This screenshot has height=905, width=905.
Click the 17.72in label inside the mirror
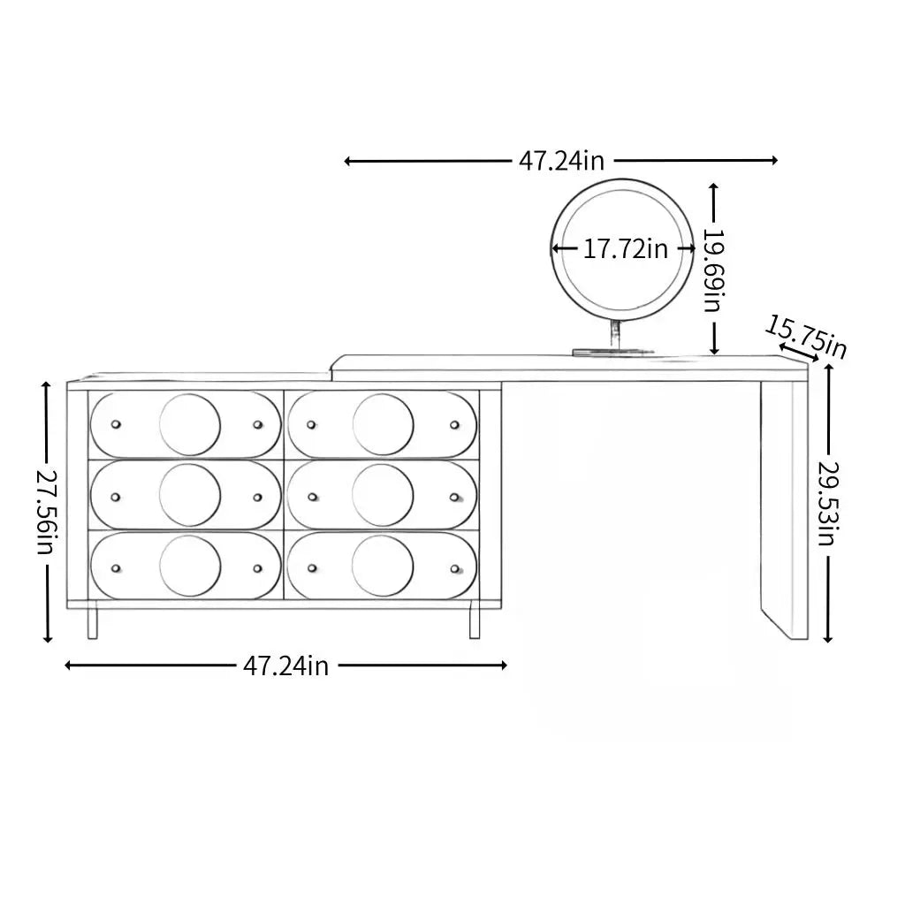[x=625, y=249]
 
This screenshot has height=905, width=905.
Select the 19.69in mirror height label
[x=714, y=270]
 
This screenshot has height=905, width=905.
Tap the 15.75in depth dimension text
[x=806, y=338]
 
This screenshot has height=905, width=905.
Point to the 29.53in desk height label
[x=827, y=503]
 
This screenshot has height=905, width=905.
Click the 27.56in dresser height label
[x=46, y=512]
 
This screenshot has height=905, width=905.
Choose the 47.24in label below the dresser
[x=285, y=666]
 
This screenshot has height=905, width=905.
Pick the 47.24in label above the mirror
[x=561, y=161]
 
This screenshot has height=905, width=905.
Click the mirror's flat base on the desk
[x=613, y=352]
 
